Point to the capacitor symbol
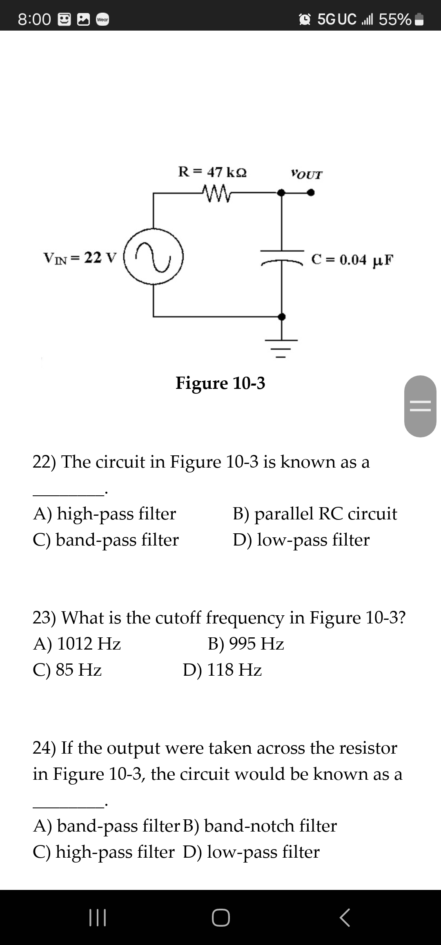[x=281, y=256]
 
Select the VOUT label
[x=306, y=175]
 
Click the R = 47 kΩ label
[x=212, y=172]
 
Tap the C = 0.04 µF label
[x=352, y=260]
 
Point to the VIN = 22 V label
[x=80, y=258]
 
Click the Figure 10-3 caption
[x=220, y=383]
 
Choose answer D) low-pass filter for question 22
[x=301, y=540]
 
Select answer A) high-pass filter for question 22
[x=105, y=513]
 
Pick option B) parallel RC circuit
[x=314, y=513]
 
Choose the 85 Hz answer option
[x=67, y=670]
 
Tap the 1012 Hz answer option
[x=77, y=644]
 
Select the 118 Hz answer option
[x=222, y=670]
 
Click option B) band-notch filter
[x=260, y=826]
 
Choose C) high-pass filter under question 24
[x=103, y=852]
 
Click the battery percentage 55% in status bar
[x=394, y=19]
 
